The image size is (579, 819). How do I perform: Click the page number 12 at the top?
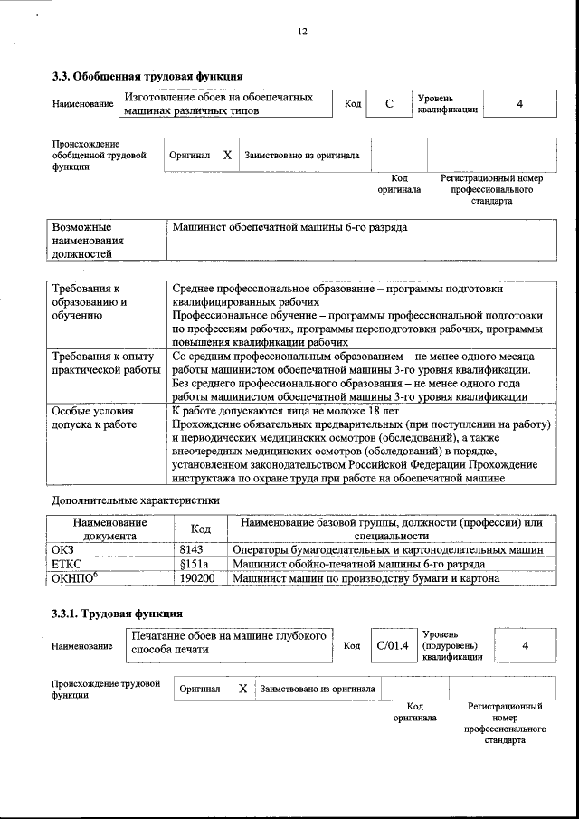point(302,32)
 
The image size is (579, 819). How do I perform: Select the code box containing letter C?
point(388,104)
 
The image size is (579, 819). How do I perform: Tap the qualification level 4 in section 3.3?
point(519,104)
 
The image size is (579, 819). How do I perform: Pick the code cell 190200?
point(197,578)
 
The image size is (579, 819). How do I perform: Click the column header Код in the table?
point(200,529)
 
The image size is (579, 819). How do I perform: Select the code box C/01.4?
point(393,645)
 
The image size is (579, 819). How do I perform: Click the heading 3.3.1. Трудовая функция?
point(118,615)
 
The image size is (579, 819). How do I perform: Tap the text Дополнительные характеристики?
point(135,500)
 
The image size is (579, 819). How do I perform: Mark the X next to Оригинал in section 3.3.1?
point(242,689)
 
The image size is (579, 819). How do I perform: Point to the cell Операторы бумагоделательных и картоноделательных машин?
point(387,549)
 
